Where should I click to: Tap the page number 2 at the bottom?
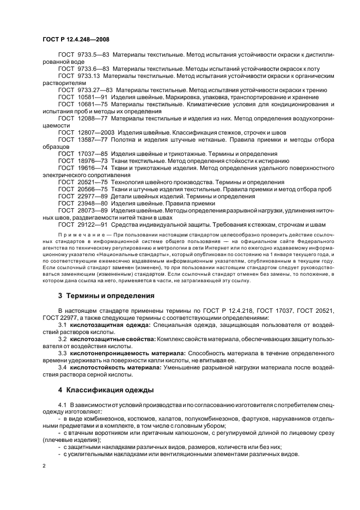tap(45, 465)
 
